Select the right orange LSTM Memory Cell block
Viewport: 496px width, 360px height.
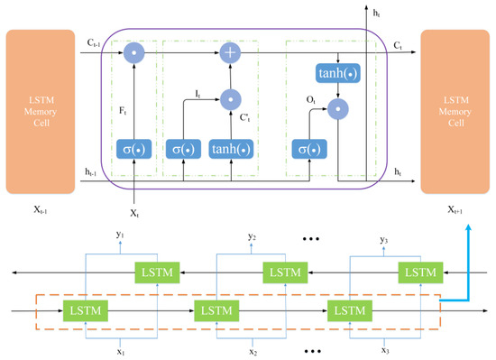[455, 112]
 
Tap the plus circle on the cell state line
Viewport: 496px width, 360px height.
[230, 53]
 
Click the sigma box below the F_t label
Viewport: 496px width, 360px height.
[133, 149]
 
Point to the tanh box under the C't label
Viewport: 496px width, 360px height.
[230, 149]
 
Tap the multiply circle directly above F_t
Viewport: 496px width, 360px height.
[133, 53]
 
